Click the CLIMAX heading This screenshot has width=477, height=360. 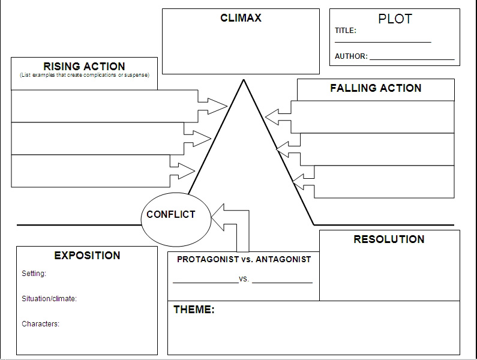tap(241, 18)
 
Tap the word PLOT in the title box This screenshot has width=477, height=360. tap(395, 19)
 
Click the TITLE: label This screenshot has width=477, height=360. tap(346, 31)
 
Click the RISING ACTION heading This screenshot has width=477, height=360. tap(84, 66)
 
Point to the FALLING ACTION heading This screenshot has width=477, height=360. tap(376, 88)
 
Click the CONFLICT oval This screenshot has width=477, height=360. tap(176, 218)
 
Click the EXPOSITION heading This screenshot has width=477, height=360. tap(87, 256)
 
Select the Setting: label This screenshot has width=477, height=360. tap(34, 274)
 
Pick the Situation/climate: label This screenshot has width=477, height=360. tap(49, 299)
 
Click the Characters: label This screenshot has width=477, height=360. tap(40, 324)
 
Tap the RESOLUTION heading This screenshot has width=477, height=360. tap(389, 239)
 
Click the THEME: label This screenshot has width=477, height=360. tap(194, 310)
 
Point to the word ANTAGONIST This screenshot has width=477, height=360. tap(283, 260)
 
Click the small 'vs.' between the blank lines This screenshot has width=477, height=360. tap(244, 280)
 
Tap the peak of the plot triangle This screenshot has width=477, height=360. tap(243, 81)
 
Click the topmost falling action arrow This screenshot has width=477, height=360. tap(277, 115)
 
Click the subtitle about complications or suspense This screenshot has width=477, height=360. tap(84, 75)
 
